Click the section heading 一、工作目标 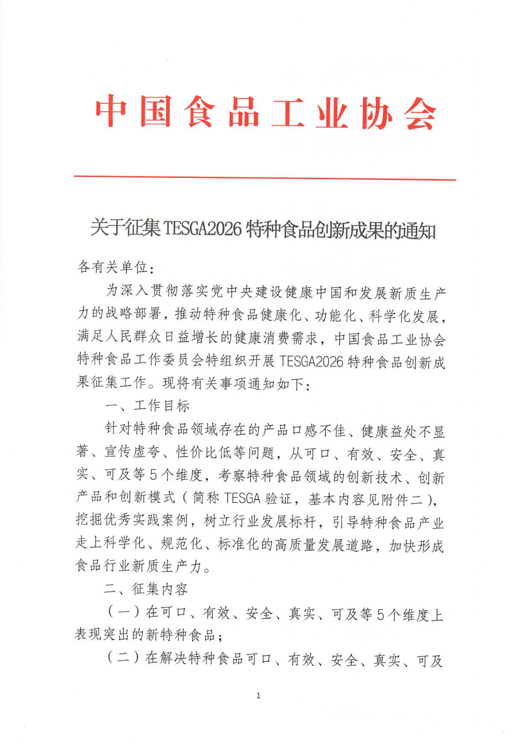[147, 406]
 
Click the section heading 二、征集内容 [146, 590]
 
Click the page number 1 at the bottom [259, 696]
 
